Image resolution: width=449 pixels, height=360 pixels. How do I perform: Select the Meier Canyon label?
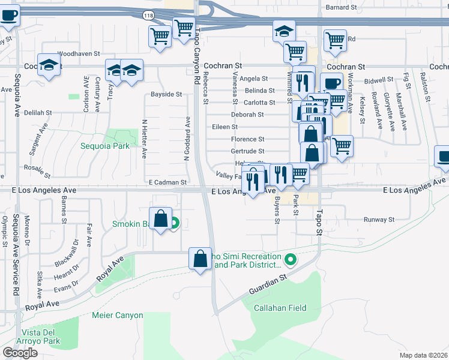(118, 315)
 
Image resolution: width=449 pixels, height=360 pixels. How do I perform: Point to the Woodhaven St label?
(79, 53)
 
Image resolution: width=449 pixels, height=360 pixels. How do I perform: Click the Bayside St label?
(166, 94)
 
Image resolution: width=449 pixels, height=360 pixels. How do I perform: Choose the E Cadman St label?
(168, 182)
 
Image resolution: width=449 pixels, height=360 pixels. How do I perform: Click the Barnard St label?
(341, 7)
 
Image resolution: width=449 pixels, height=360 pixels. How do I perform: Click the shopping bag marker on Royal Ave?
(200, 259)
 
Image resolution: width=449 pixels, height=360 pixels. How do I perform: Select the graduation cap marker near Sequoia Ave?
(49, 65)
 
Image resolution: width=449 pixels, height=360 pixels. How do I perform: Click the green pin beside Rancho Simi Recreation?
(291, 260)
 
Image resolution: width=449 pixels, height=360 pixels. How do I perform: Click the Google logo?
(20, 352)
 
